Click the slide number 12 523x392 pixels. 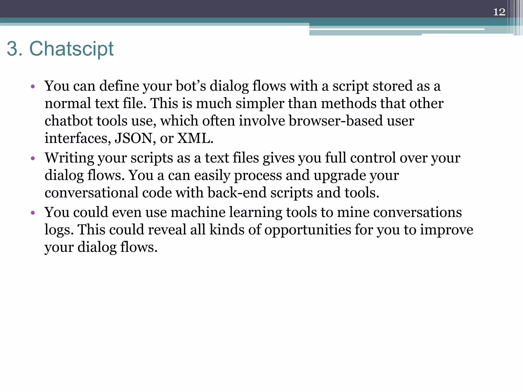click(499, 12)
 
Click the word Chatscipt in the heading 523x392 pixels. click(71, 49)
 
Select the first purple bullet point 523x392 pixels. click(32, 87)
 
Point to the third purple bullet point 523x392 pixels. click(32, 213)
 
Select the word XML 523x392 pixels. click(195, 138)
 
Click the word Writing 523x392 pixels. click(69, 158)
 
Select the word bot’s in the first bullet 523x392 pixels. click(191, 86)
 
